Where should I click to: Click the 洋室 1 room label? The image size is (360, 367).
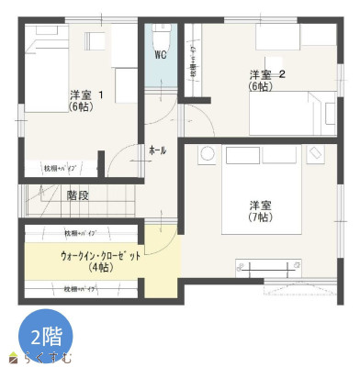coord(85,94)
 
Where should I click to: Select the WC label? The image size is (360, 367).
coord(160,55)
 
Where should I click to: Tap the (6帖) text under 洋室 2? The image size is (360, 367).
coord(259,86)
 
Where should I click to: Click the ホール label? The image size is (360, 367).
coord(157,150)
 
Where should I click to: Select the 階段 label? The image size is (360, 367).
coord(78,195)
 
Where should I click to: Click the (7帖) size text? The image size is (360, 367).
coord(259,217)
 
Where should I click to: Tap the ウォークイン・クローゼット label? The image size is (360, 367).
coord(101,256)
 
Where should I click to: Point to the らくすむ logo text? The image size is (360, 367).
coord(53,356)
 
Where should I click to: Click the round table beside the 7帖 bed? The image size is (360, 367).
coord(208,153)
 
